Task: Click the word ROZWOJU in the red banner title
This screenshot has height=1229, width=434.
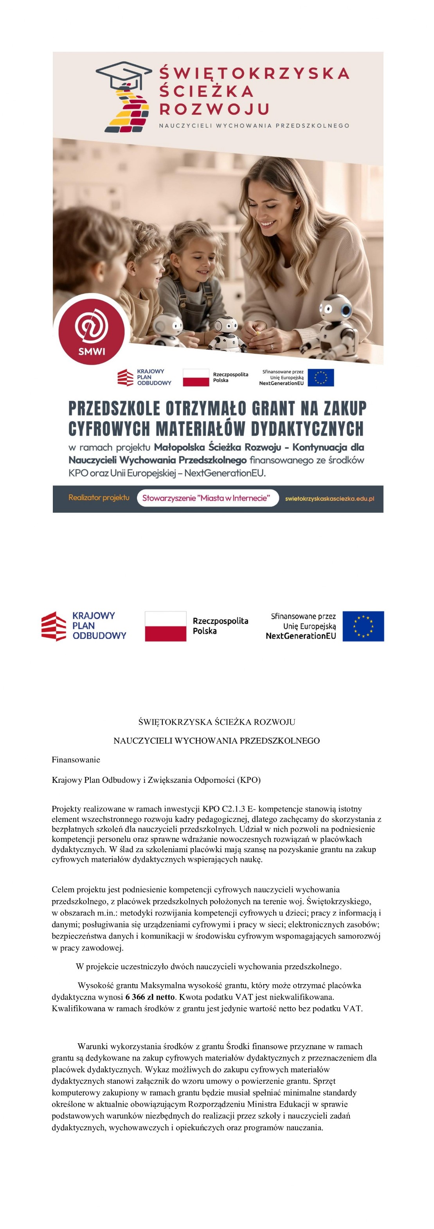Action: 214,109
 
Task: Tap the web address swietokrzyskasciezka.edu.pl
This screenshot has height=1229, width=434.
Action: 329,499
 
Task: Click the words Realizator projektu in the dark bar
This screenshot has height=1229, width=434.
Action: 99,497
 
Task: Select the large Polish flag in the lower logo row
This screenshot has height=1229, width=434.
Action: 165,626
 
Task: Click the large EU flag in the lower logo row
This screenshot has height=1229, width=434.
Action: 363,626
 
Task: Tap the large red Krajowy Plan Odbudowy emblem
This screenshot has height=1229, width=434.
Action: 54,626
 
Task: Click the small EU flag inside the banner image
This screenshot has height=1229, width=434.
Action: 321,377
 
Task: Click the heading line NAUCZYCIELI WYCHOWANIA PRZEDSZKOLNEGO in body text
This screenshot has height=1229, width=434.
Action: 216,740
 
